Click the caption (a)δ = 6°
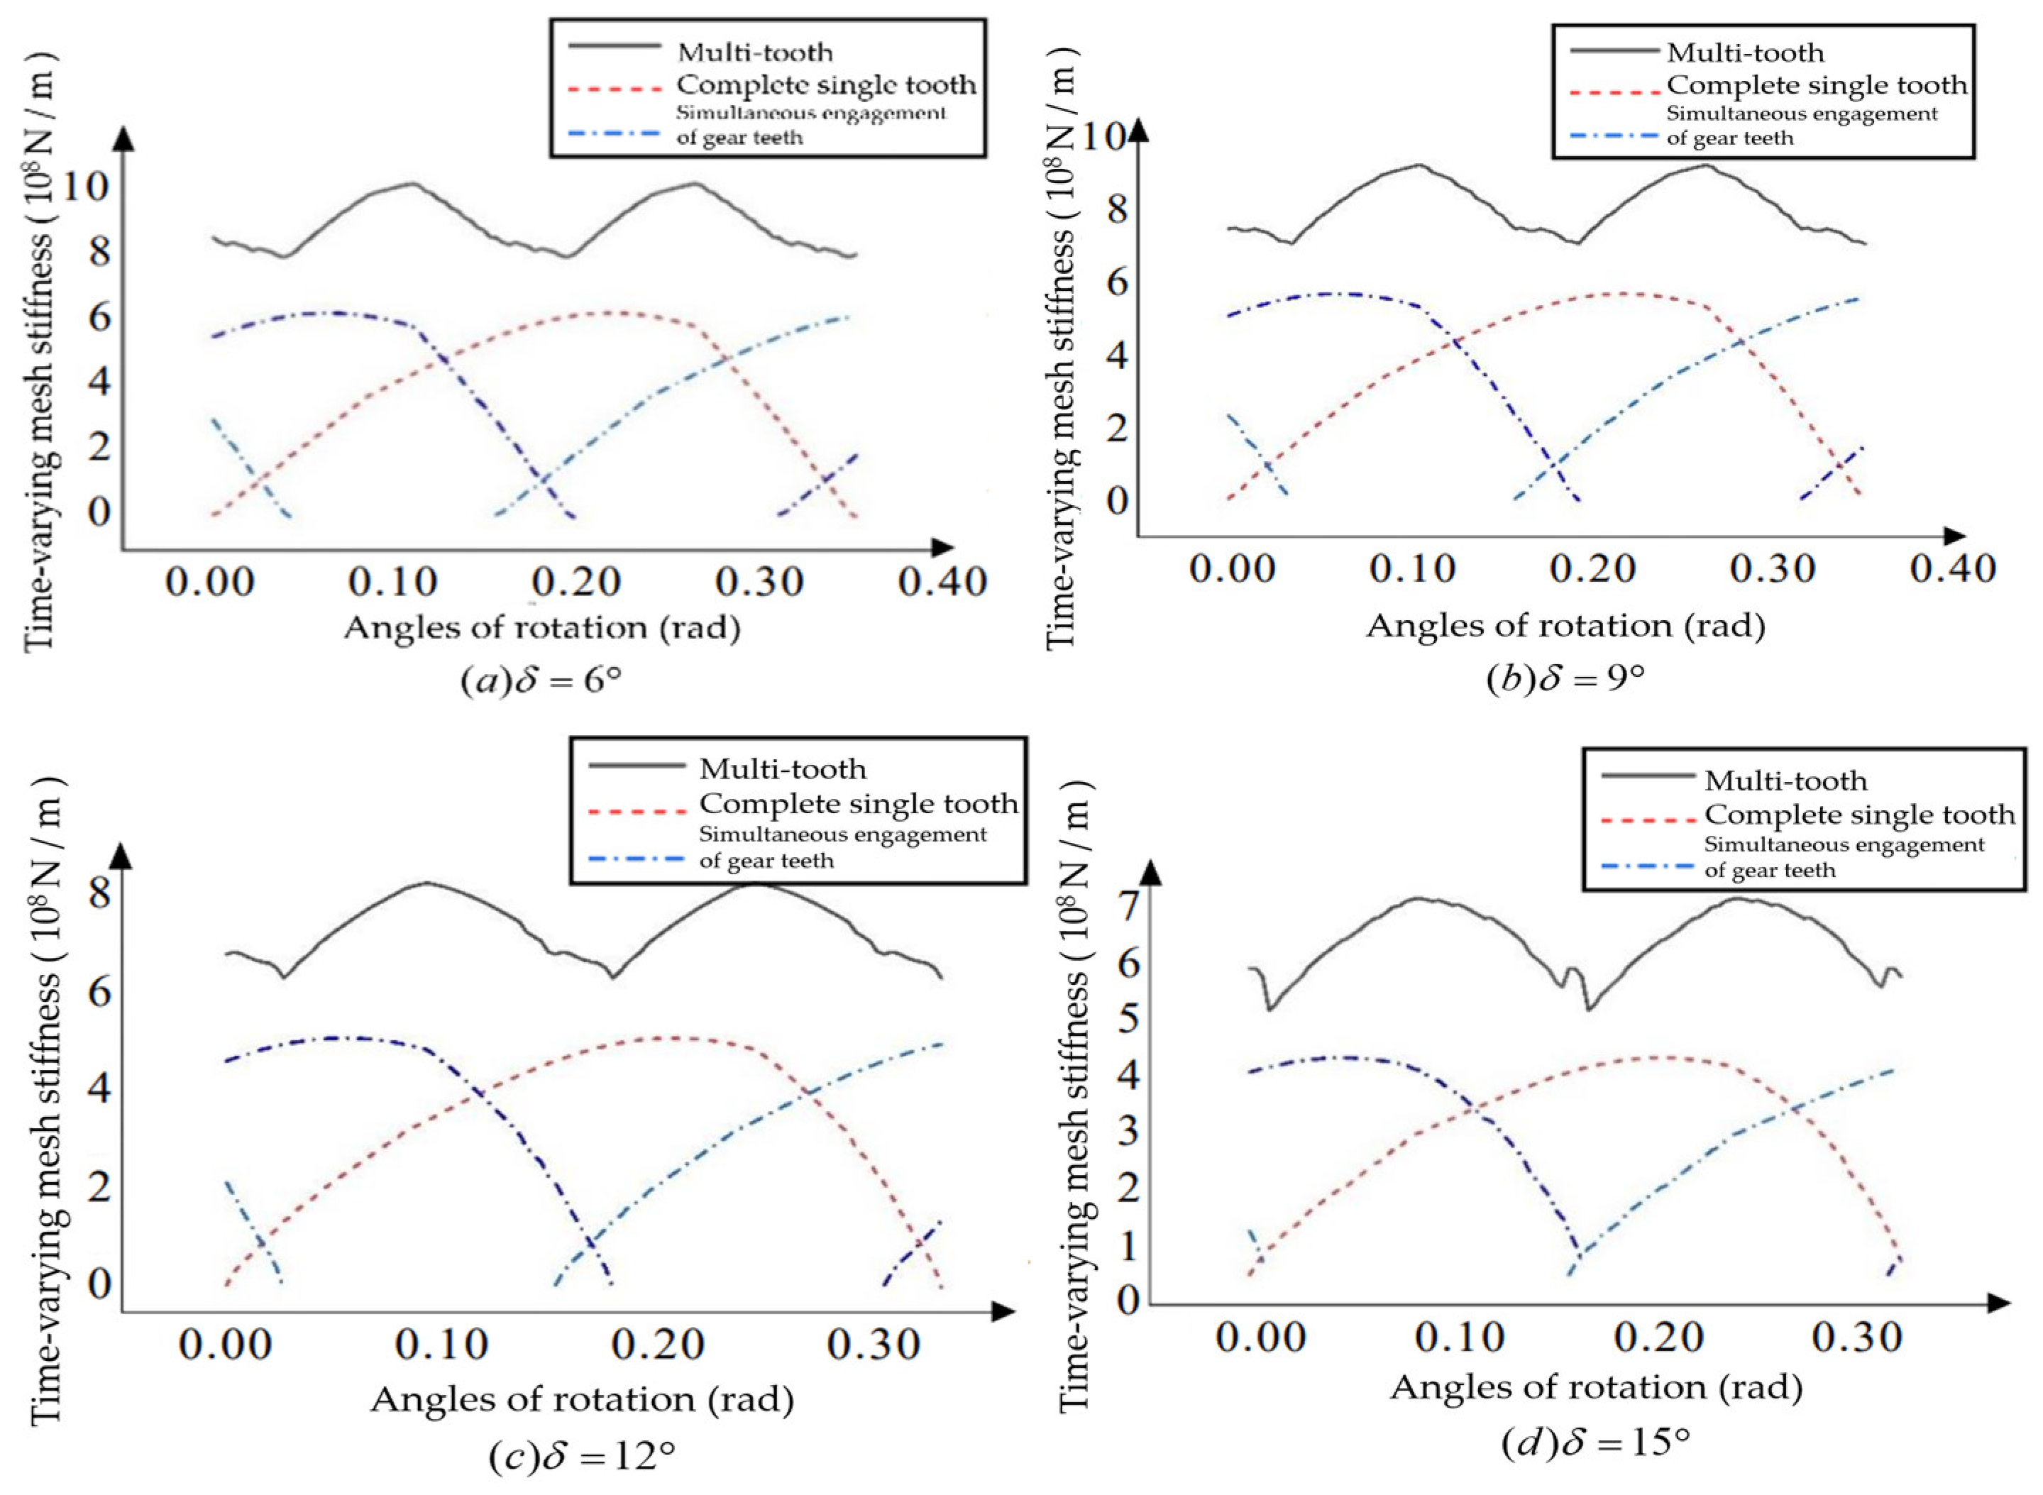pos(541,680)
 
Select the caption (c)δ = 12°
pos(581,1456)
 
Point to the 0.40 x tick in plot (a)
pos(942,582)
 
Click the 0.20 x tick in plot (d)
pos(1659,1337)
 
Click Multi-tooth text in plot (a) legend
pos(754,53)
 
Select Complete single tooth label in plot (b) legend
pos(1817,86)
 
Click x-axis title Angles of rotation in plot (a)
pos(541,627)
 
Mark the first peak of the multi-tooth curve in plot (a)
pos(412,184)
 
